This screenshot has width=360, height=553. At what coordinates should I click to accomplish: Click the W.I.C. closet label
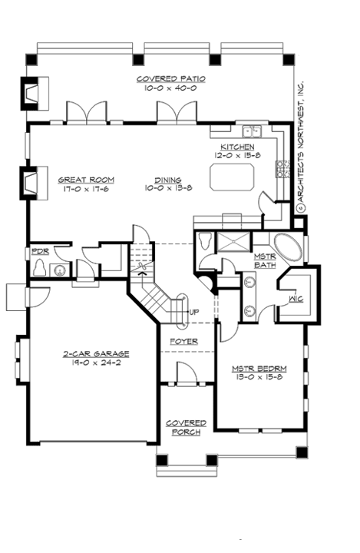296,298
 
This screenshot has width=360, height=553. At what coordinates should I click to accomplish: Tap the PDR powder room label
39,251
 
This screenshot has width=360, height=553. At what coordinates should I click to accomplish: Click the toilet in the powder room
40,268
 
